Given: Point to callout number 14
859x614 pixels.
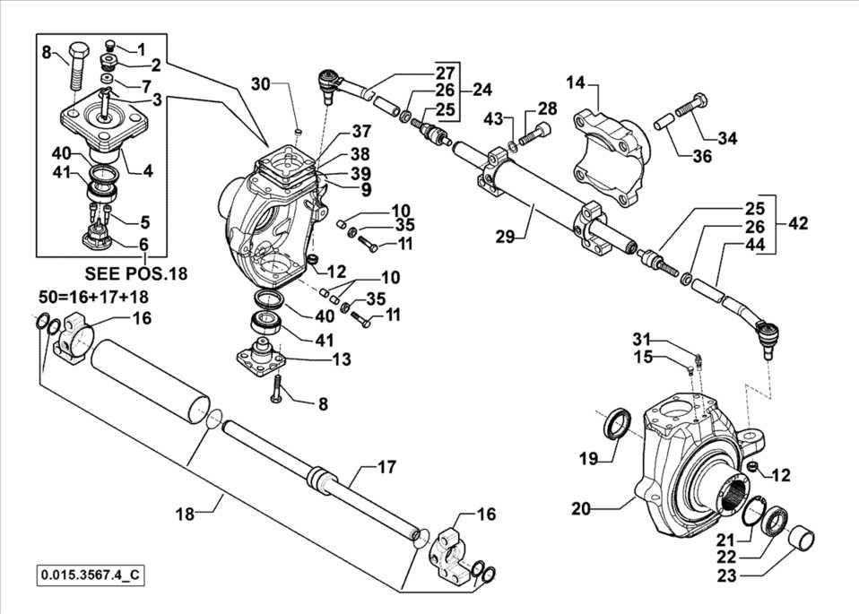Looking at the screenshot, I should pyautogui.click(x=575, y=82).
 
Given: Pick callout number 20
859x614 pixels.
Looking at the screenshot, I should pyautogui.click(x=581, y=508).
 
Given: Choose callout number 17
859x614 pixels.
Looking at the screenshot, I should pyautogui.click(x=386, y=466).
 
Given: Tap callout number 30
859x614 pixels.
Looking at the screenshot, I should pyautogui.click(x=260, y=84).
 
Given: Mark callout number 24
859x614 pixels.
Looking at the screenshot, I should pyautogui.click(x=482, y=90).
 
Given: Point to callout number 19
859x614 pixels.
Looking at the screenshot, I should pyautogui.click(x=587, y=459).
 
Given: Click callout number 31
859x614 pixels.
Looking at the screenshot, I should pyautogui.click(x=664, y=338).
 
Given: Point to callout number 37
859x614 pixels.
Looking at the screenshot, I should pyautogui.click(x=336, y=132).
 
